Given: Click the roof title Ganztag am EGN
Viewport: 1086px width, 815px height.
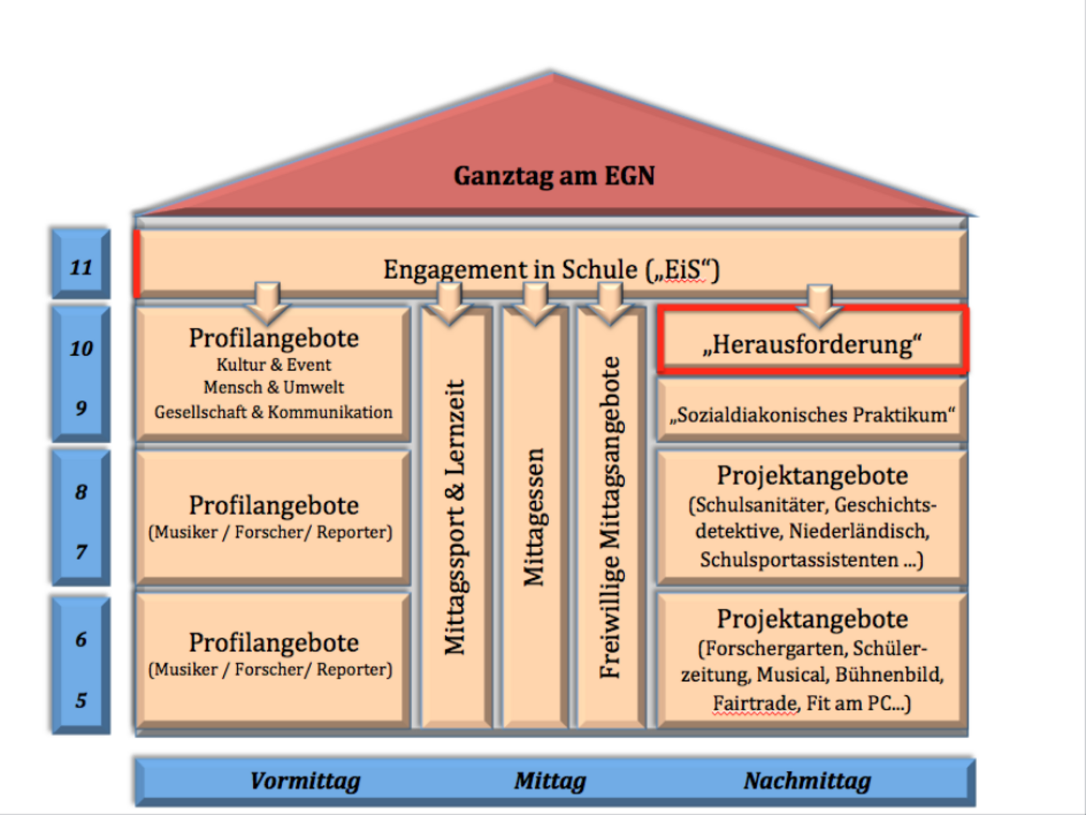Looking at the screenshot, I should click(x=554, y=176).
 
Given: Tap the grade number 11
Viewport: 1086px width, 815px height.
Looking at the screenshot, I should click(x=81, y=268).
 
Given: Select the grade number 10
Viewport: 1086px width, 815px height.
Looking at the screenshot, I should click(x=81, y=349).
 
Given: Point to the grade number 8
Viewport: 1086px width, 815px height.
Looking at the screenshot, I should click(x=81, y=492).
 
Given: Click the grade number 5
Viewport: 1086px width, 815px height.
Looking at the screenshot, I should click(x=81, y=700).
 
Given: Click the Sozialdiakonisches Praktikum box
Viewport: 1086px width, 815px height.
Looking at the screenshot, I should click(x=813, y=415).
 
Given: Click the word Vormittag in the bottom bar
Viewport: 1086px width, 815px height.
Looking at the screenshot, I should click(x=305, y=781).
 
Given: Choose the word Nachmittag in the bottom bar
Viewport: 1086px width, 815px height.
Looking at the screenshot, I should click(x=807, y=781).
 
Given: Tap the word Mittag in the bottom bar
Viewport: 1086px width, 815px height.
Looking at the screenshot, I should click(x=550, y=781).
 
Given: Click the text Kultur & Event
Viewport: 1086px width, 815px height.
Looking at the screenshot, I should click(x=274, y=365).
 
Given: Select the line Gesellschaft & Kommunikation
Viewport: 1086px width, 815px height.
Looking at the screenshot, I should click(x=273, y=412).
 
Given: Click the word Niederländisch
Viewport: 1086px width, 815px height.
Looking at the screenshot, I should click(x=859, y=531).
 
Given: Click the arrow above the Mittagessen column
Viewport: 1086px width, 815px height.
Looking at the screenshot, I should click(x=535, y=304).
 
